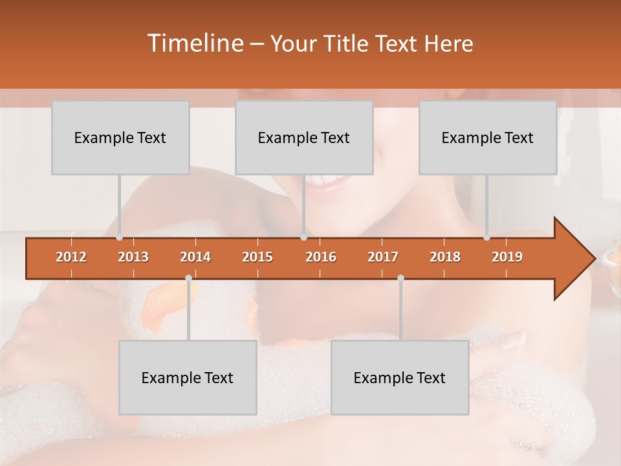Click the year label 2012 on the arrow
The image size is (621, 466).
tap(71, 257)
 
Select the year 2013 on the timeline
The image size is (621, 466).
tap(133, 257)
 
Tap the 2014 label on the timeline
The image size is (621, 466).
tap(195, 257)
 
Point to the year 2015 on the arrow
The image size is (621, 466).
tap(257, 257)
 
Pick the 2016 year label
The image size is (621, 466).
tap(321, 257)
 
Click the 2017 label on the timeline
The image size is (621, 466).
tap(383, 257)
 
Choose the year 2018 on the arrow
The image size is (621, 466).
tap(445, 257)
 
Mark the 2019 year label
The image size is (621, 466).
tap(507, 257)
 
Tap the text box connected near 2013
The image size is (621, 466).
tap(120, 138)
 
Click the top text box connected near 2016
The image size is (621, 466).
tap(304, 138)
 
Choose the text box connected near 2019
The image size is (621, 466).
tap(488, 138)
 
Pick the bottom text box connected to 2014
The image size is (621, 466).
tap(188, 378)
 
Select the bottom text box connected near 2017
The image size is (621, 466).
tap(400, 378)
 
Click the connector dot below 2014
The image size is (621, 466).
tap(188, 278)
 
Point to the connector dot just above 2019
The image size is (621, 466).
tap(487, 238)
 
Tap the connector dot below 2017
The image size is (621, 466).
tap(400, 278)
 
